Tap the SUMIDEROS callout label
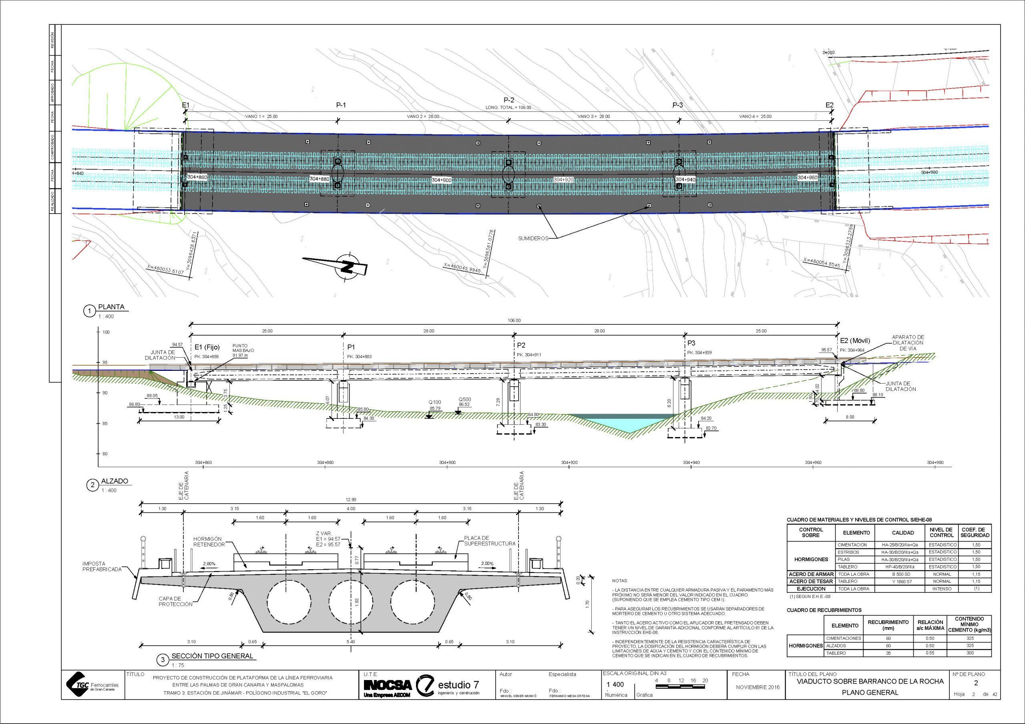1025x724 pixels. pyautogui.click(x=533, y=239)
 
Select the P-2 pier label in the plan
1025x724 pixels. pyautogui.click(x=508, y=100)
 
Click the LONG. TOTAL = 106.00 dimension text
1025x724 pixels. pyautogui.click(x=508, y=108)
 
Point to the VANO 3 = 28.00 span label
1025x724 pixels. pyautogui.click(x=593, y=116)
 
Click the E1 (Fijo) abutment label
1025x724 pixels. pyautogui.click(x=207, y=347)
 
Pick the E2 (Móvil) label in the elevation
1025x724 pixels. pyautogui.click(x=855, y=341)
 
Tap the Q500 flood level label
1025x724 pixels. pyautogui.click(x=464, y=400)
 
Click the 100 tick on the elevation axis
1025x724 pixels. pyautogui.click(x=106, y=332)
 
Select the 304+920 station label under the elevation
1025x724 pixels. pyautogui.click(x=569, y=462)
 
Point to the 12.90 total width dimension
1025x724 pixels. pyautogui.click(x=351, y=500)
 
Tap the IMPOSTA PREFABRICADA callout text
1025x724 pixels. pyautogui.click(x=102, y=566)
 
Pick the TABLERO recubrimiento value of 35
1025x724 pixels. pyautogui.click(x=888, y=653)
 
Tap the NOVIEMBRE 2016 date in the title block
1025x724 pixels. pyautogui.click(x=758, y=687)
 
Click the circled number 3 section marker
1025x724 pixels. pyautogui.click(x=163, y=660)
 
